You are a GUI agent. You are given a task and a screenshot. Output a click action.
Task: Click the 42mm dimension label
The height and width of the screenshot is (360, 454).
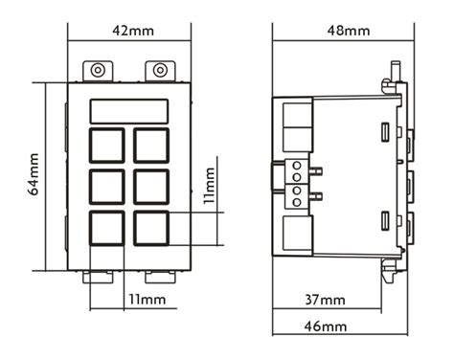coord(132,31)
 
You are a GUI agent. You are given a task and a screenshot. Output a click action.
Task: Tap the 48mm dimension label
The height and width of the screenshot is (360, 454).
coord(348,31)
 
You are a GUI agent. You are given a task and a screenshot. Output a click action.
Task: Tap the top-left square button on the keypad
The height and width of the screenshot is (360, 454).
coord(107,146)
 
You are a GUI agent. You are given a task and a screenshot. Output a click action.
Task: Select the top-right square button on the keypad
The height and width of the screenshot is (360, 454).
coord(151,146)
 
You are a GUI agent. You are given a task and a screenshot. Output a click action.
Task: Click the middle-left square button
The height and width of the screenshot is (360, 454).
coord(107,186)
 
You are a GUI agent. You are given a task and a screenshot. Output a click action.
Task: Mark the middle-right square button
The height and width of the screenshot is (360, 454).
coord(151,186)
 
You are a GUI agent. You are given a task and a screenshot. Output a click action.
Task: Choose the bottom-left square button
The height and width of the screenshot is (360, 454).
coord(107,227)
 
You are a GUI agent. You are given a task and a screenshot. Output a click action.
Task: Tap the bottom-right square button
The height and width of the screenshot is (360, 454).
coord(151,227)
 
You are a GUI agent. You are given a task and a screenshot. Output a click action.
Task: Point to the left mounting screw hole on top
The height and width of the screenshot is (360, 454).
coord(97,70)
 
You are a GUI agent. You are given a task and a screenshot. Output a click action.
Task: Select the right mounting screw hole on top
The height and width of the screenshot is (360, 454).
coord(159,70)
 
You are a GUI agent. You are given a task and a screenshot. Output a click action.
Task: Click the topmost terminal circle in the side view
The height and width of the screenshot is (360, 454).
coord(296,166)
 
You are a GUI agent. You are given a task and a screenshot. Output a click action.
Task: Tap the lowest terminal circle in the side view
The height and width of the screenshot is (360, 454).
coord(296,202)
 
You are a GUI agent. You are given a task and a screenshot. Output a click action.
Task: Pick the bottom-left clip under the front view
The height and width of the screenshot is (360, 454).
coord(97,277)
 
